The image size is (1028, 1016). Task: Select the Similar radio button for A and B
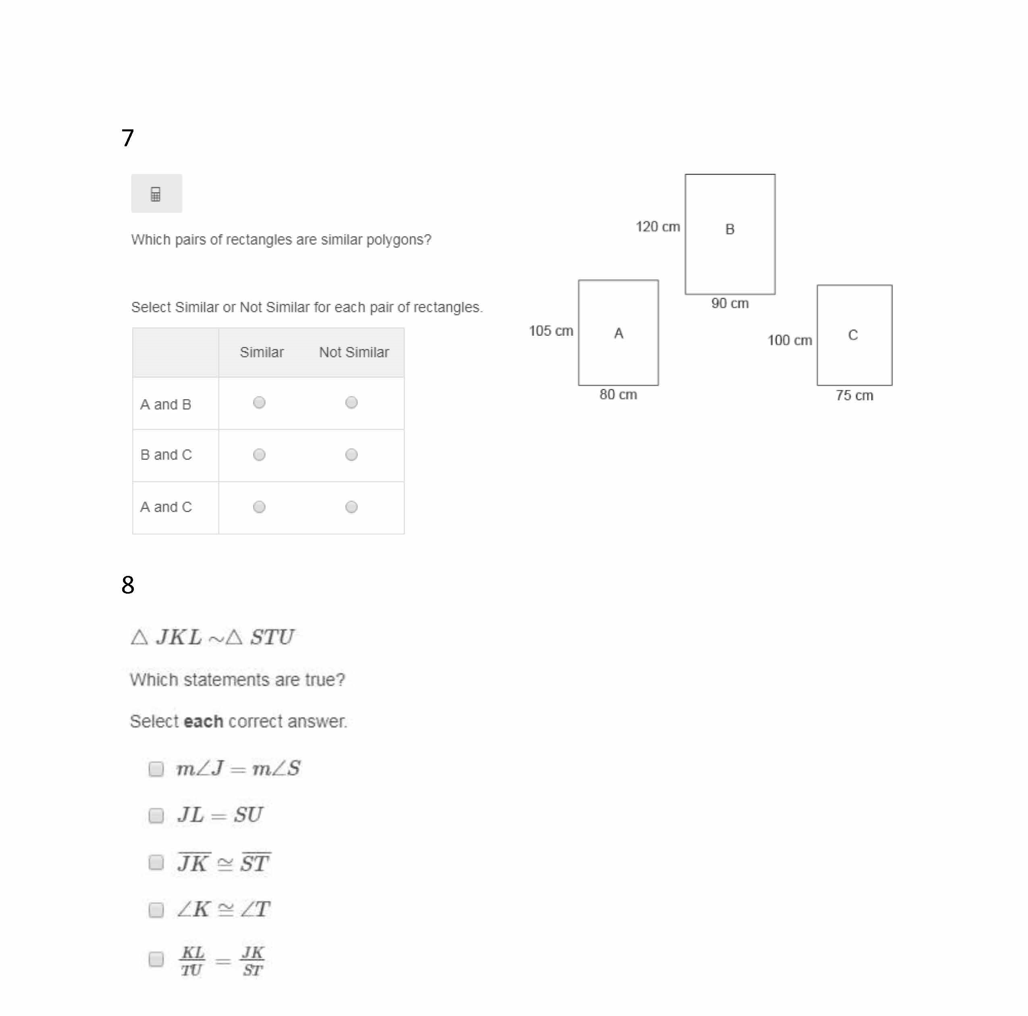[x=259, y=403]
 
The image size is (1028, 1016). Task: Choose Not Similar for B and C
[x=351, y=455]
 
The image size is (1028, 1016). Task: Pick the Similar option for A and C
[x=259, y=507]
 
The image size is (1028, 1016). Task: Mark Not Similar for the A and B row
[x=351, y=403]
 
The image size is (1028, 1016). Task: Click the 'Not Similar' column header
[x=354, y=352]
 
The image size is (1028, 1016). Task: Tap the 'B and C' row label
[x=166, y=455]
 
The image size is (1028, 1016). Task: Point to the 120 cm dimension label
[x=658, y=226]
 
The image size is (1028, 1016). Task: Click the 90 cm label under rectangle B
[x=730, y=303]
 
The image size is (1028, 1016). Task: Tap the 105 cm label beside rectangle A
[x=551, y=331]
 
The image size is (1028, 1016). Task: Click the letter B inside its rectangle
[x=730, y=229]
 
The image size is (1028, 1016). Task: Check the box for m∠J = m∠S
[x=156, y=769]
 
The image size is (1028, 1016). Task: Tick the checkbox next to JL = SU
[x=156, y=815]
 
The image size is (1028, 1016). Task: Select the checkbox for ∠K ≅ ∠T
[x=156, y=910]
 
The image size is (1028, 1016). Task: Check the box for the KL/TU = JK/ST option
[x=156, y=959]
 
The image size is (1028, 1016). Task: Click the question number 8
[x=128, y=585]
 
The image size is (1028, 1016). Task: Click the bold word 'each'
[x=203, y=721]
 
